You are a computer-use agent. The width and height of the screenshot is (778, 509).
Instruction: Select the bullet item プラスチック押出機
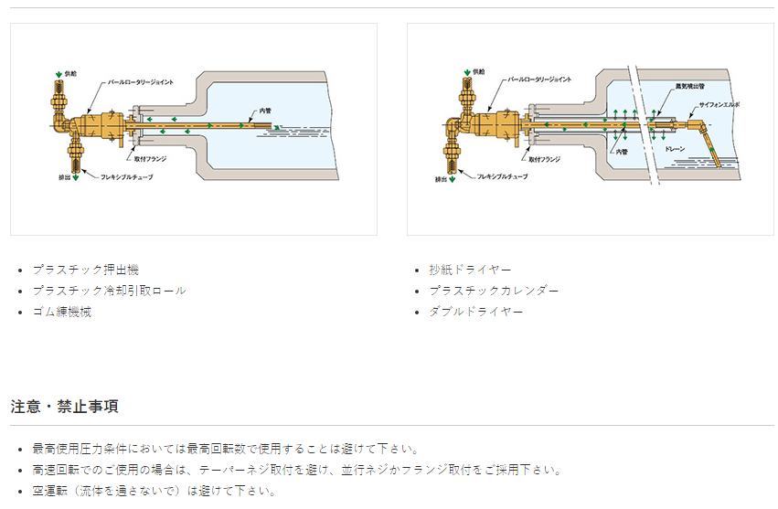tap(85, 270)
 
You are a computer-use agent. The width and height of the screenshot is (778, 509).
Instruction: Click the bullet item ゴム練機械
tap(61, 312)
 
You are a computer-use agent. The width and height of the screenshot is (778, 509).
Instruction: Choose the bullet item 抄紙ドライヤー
tap(470, 270)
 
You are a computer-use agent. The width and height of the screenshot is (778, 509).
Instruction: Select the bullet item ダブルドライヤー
tap(476, 312)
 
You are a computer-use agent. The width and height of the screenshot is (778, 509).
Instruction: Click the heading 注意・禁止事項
tap(64, 406)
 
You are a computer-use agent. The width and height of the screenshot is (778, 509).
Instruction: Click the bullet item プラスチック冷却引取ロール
tap(109, 291)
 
